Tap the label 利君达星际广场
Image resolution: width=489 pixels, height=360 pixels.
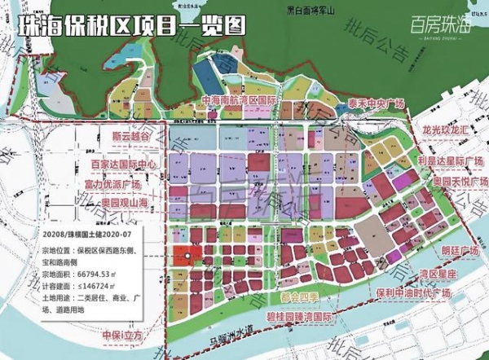pyautogui.click(x=450, y=160)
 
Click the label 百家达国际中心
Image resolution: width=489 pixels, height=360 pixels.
pyautogui.click(x=126, y=165)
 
